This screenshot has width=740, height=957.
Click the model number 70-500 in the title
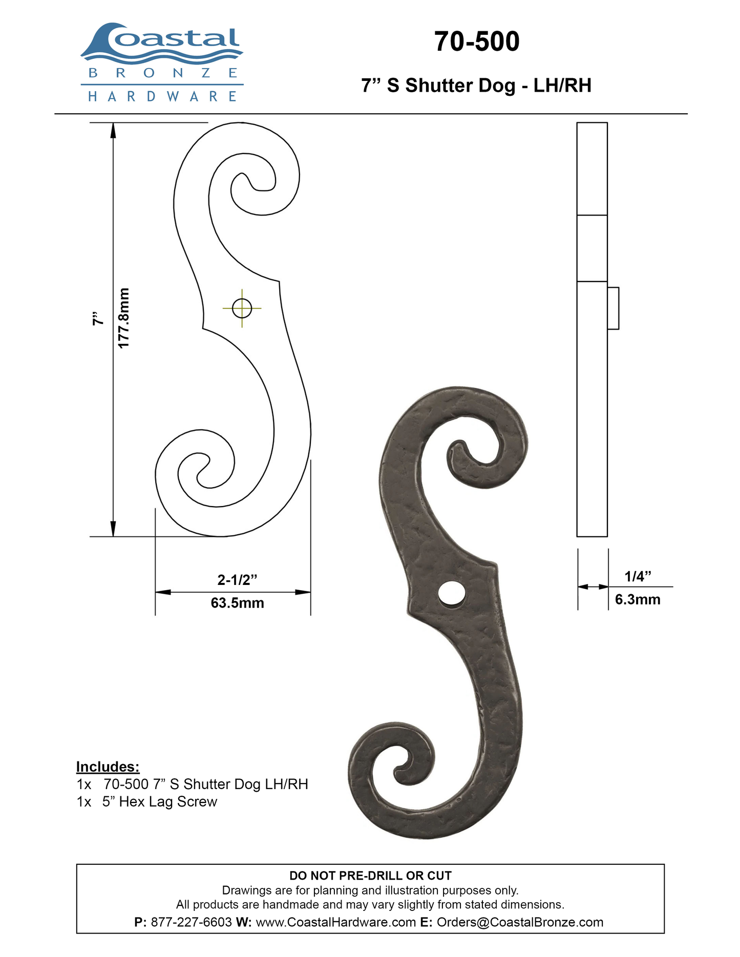(477, 41)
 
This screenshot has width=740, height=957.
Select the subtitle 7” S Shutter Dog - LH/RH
(476, 85)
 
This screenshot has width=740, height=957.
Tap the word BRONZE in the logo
(163, 73)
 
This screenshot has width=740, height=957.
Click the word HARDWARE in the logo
(162, 96)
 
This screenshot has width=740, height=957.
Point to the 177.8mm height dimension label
(123, 318)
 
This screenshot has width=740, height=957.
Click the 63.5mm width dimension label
(238, 603)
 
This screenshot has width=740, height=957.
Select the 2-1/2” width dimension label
(237, 580)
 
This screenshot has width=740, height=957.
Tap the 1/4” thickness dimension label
(638, 576)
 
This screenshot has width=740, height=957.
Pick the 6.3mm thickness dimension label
(638, 599)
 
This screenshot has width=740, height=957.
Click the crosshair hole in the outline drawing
(242, 308)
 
